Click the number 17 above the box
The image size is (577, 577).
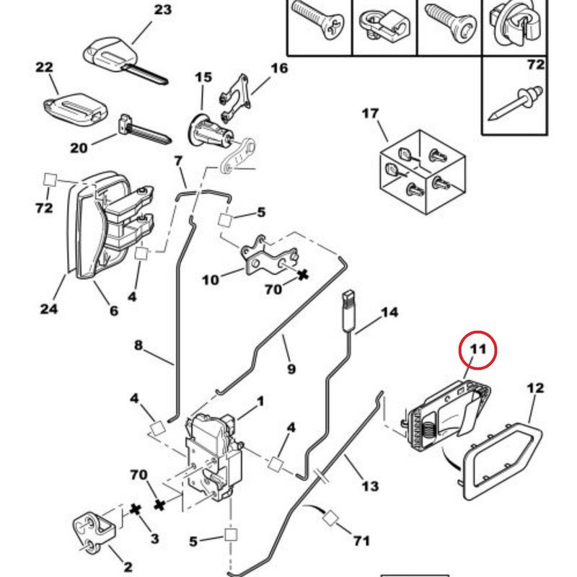(369, 113)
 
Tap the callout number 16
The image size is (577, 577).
(278, 69)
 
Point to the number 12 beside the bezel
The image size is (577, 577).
(534, 388)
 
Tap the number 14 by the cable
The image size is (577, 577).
(389, 312)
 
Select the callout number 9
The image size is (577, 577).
(291, 369)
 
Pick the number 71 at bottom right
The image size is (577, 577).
(361, 540)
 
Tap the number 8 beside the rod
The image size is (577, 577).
(139, 345)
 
